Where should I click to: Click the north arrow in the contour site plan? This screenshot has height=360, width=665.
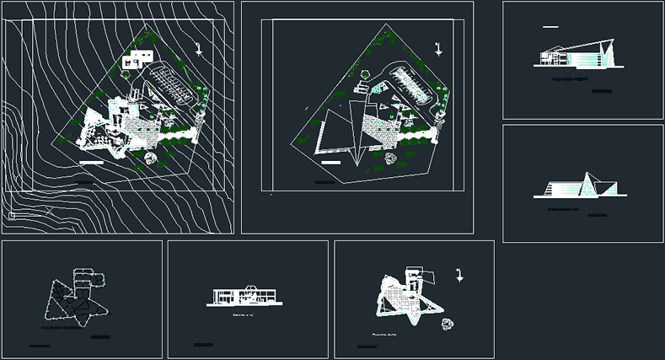[200, 48]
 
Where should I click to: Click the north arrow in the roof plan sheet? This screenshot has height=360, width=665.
[437, 48]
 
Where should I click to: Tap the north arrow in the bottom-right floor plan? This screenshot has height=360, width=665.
[458, 274]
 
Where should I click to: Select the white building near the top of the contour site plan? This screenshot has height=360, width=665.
[137, 58]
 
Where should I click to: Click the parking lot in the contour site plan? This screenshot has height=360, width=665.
[167, 85]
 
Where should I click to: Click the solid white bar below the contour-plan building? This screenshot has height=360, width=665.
[89, 159]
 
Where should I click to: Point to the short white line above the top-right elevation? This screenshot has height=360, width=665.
[550, 27]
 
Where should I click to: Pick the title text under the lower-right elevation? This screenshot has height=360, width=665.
[563, 207]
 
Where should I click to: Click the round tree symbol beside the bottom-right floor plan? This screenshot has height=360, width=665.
[447, 322]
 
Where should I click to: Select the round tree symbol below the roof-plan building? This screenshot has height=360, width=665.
[389, 157]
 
